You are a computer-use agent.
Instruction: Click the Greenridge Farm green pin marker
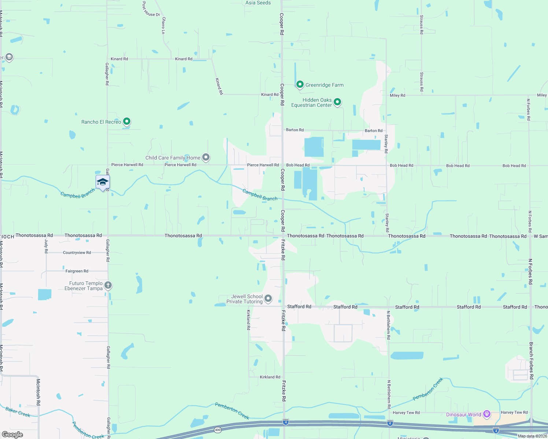(300, 85)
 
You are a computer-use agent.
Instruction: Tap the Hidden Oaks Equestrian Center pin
(337, 102)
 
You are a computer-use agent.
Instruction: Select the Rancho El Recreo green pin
(127, 121)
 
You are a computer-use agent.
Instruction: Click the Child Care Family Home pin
(206, 157)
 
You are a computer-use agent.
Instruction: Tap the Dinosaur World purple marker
(486, 414)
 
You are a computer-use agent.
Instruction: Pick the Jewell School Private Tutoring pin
(268, 299)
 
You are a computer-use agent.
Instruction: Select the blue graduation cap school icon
(103, 182)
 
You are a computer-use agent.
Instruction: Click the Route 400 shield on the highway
(218, 430)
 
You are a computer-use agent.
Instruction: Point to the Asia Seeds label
(258, 3)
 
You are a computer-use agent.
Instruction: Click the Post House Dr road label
(151, 9)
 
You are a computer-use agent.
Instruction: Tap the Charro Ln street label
(164, 25)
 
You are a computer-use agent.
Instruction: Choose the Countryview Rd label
(77, 253)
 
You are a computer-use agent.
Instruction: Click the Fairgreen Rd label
(77, 271)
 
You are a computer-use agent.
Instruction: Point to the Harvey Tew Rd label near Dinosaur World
(514, 412)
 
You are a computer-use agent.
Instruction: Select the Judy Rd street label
(46, 246)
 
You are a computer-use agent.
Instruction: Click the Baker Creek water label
(18, 412)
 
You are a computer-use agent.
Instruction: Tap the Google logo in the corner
(12, 434)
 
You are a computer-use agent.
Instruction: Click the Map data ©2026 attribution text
(532, 436)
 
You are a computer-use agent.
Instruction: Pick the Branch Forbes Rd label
(531, 360)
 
